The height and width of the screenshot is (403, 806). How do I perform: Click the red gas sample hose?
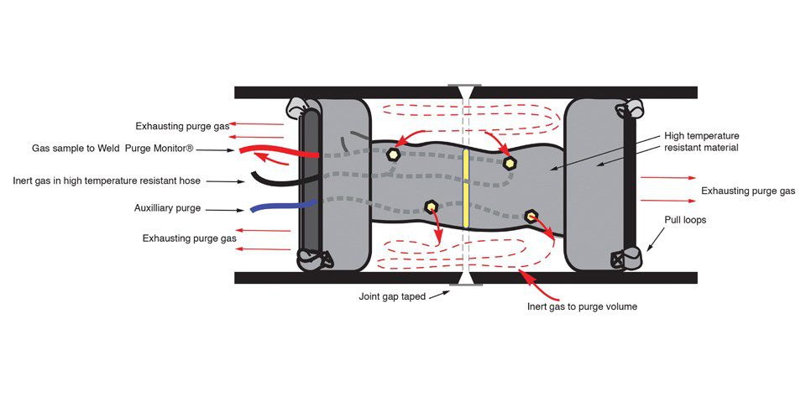(277, 153)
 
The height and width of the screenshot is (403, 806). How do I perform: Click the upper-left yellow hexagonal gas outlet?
(393, 154)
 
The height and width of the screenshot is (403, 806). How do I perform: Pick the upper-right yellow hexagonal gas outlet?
(509, 163)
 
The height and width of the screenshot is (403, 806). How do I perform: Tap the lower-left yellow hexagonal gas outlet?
(431, 207)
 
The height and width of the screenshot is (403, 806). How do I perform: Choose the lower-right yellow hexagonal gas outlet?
(531, 217)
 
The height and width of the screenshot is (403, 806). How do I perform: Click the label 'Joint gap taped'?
(392, 296)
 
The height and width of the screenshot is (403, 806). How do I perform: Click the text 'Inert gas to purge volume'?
(582, 306)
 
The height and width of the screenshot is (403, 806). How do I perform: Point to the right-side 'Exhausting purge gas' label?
(748, 191)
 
